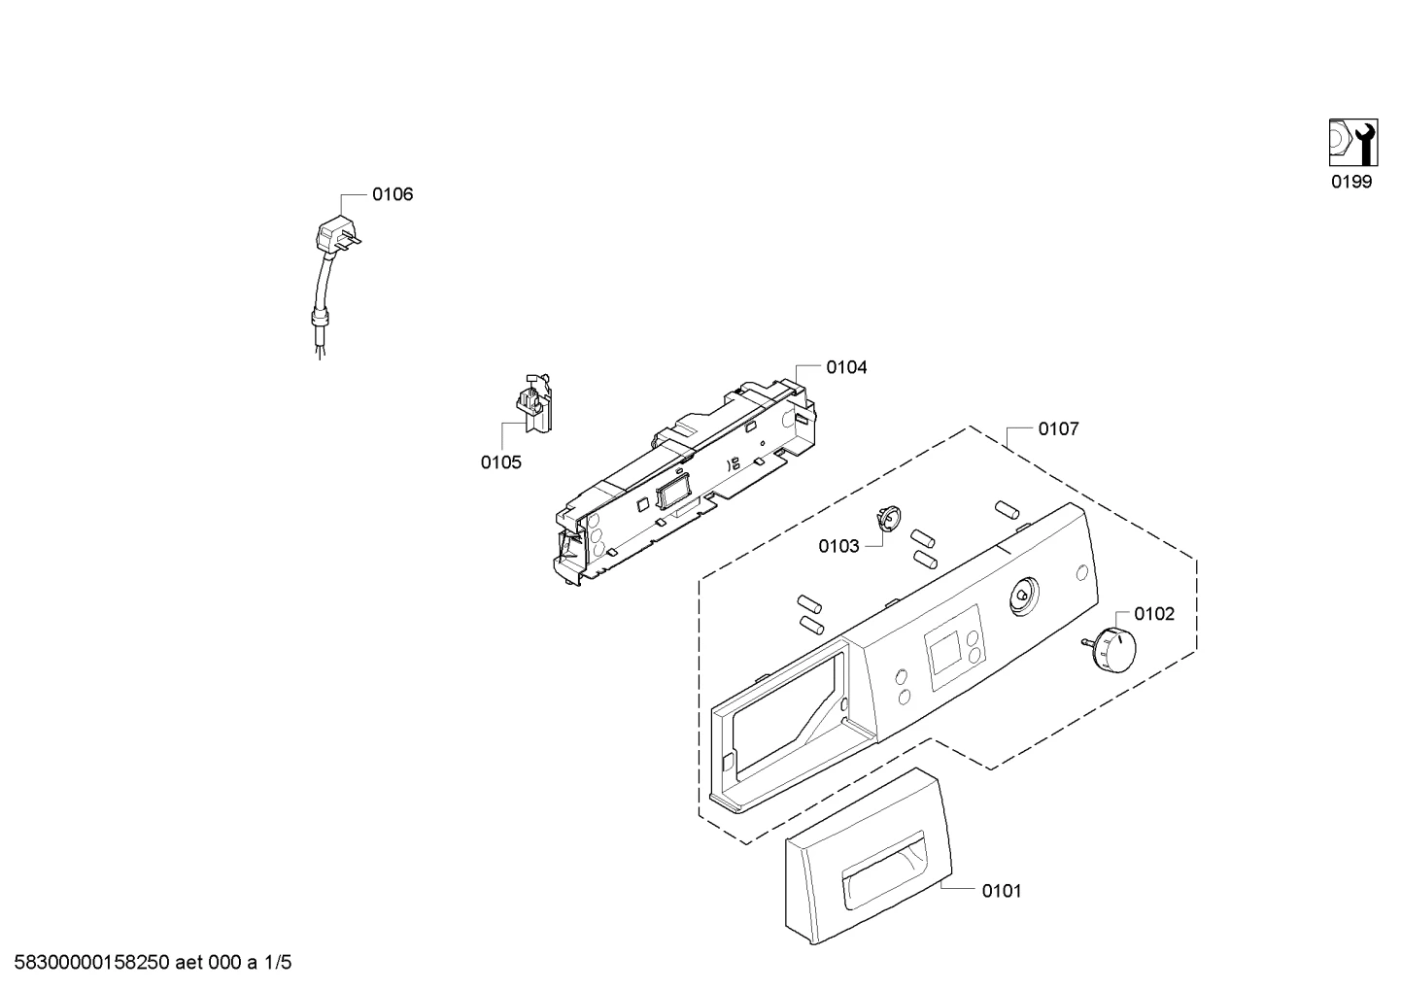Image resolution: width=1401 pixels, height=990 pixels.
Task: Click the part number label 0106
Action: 393,194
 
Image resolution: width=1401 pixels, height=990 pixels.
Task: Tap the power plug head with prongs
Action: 338,234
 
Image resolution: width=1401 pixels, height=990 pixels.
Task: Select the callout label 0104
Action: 846,368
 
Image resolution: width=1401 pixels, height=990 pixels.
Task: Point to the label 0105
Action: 501,462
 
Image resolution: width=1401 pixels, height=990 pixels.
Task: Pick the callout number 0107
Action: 1058,429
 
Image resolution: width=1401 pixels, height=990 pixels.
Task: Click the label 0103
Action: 838,547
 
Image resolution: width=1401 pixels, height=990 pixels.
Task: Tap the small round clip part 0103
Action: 888,519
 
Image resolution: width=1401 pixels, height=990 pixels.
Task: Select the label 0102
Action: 1154,614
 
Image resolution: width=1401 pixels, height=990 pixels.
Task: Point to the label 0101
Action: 1002,891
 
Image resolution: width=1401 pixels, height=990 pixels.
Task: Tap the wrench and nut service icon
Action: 1352,143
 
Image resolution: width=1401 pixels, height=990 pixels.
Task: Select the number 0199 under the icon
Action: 1351,182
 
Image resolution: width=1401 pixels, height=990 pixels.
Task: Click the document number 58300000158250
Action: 91,963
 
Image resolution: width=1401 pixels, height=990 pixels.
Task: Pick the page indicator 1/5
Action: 278,963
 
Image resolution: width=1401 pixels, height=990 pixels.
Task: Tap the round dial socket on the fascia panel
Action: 1023,596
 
